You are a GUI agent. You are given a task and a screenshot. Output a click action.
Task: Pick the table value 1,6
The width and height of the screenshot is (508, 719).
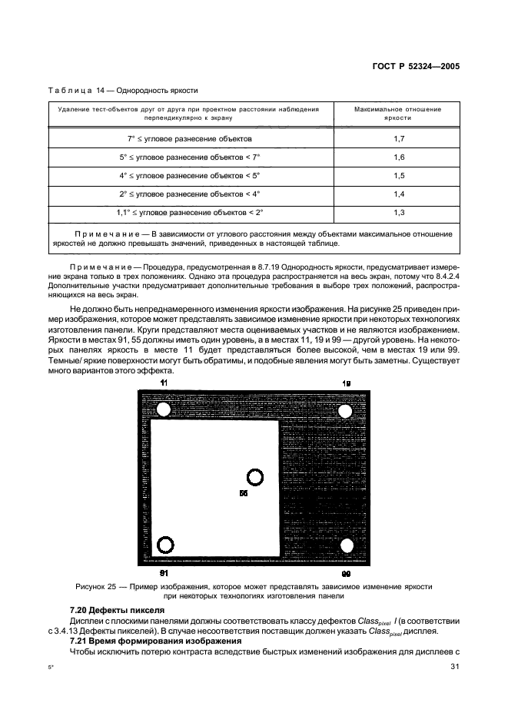[x=399, y=157]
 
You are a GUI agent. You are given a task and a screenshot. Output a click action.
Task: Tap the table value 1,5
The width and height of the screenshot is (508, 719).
[x=399, y=175]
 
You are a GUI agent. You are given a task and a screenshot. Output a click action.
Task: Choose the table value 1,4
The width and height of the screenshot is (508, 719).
[x=399, y=194]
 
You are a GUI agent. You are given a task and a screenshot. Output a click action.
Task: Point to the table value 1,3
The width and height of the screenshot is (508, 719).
[x=399, y=212]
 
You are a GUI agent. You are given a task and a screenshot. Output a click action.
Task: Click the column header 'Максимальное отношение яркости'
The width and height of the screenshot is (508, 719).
[x=399, y=114]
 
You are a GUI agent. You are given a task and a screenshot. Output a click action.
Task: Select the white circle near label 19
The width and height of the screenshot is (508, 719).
[x=345, y=411]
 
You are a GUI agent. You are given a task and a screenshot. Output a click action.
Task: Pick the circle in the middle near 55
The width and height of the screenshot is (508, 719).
[x=254, y=477]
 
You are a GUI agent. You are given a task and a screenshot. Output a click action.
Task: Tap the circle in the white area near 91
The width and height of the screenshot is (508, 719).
[x=165, y=545]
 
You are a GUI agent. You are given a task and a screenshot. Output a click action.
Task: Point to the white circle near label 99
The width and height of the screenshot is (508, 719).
[x=347, y=545]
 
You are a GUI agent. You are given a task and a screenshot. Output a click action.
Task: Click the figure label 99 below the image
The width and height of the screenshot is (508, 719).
[x=347, y=573]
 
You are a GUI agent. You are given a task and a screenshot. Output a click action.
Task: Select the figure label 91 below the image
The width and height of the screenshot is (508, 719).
[x=164, y=573]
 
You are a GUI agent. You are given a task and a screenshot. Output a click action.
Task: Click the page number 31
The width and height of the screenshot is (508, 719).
[x=453, y=666]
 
